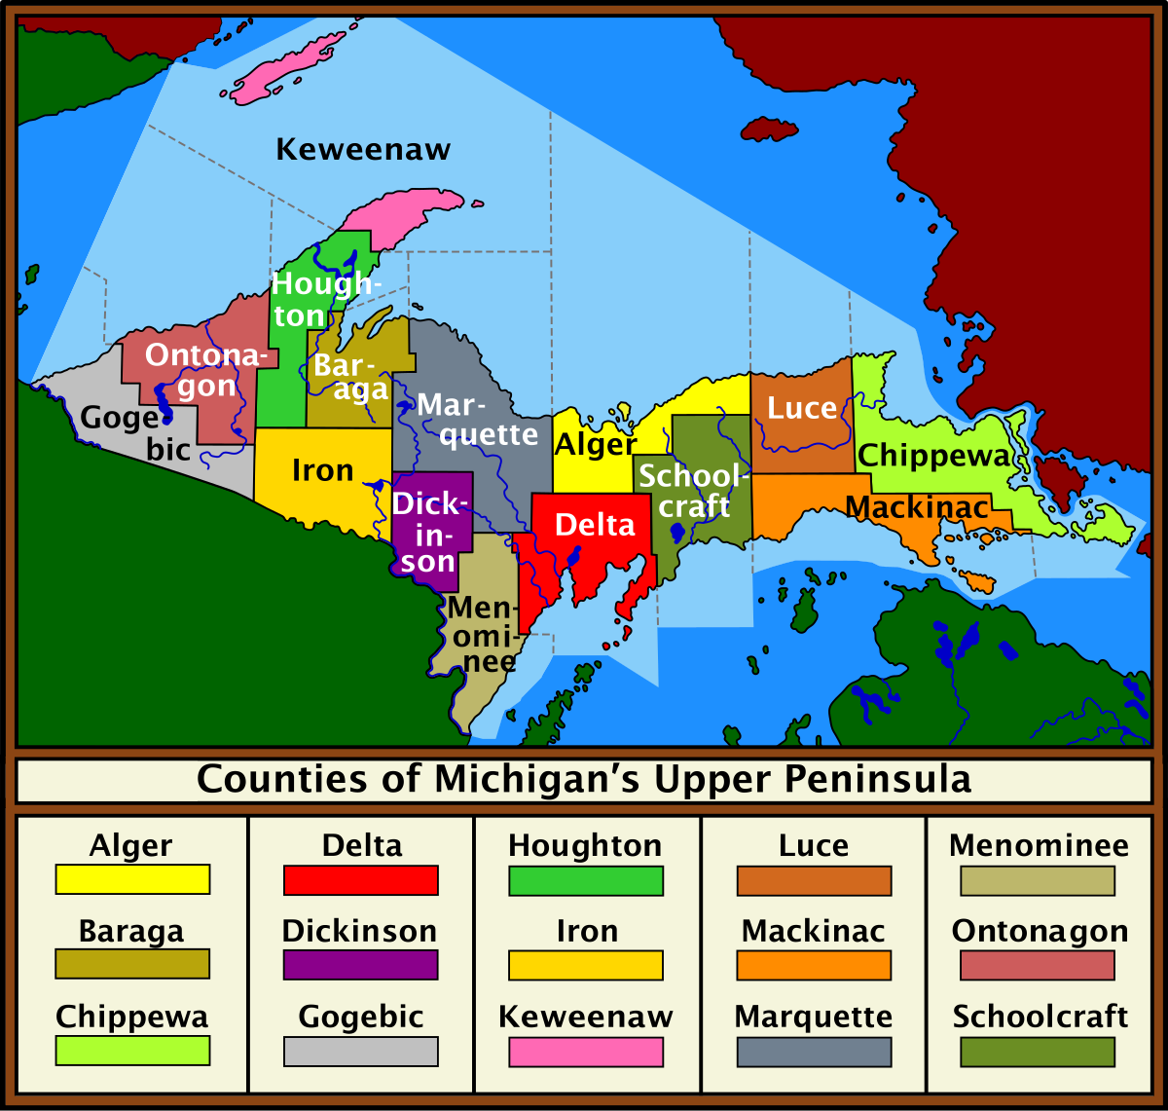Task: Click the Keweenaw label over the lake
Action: [363, 150]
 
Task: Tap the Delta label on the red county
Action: [595, 525]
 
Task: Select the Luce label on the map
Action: [802, 408]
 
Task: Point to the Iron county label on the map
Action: [322, 471]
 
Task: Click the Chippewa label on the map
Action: [933, 455]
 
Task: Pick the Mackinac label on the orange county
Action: [917, 507]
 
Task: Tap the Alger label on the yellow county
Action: [595, 445]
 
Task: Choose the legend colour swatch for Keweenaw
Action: [585, 1052]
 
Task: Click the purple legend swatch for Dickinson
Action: [360, 966]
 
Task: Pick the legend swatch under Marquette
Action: [814, 1052]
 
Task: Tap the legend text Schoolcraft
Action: [1040, 1017]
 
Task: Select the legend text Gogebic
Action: [360, 1017]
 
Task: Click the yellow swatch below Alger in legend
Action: [132, 880]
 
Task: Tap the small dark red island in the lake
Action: [769, 130]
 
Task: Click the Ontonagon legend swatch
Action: [1038, 966]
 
